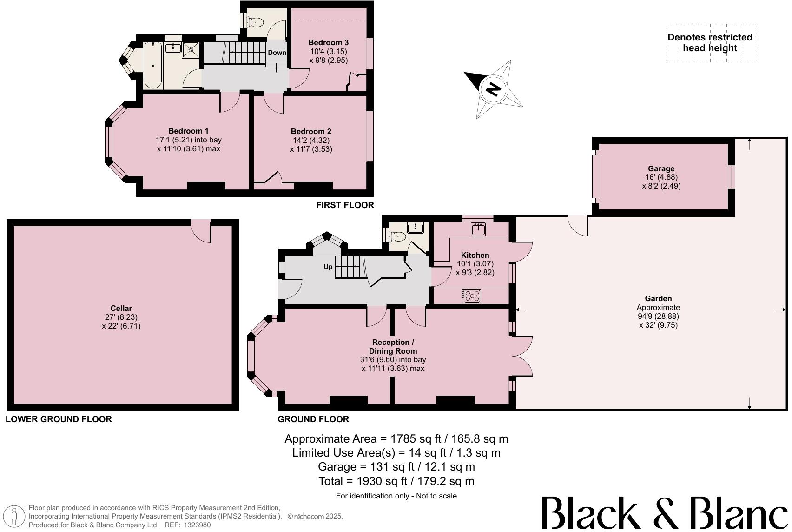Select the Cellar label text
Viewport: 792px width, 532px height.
click(121, 308)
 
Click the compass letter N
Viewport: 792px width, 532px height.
click(494, 88)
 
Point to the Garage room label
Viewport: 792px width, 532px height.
click(661, 168)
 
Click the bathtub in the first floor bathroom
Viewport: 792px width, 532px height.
click(152, 65)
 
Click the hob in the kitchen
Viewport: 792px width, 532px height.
click(471, 296)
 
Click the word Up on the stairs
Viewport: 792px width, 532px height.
click(328, 267)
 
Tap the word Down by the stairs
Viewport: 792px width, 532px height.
click(277, 53)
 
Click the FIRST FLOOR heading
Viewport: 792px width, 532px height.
click(345, 205)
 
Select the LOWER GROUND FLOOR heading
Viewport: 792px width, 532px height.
click(59, 419)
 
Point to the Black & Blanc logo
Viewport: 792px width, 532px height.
click(665, 513)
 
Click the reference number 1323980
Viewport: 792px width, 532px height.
click(197, 525)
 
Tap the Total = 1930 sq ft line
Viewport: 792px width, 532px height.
click(396, 481)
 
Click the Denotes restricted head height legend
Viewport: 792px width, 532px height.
click(710, 43)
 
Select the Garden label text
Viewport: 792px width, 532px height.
click(658, 298)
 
